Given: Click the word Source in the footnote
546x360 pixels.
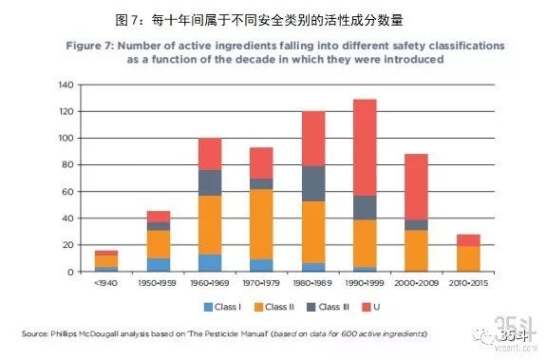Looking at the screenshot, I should click(35, 333).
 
